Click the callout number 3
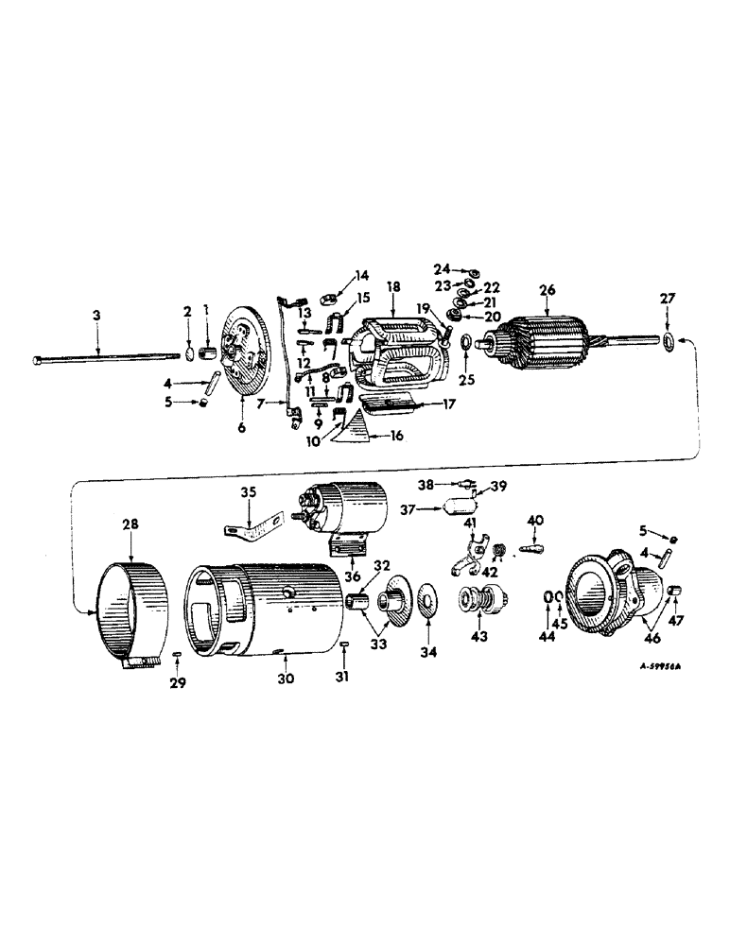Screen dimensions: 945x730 point(96,312)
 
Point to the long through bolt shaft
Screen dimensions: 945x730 point(104,357)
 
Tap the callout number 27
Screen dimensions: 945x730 point(668,300)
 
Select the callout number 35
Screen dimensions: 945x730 point(249,493)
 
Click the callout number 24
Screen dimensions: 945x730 point(442,268)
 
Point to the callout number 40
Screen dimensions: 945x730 point(534,520)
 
